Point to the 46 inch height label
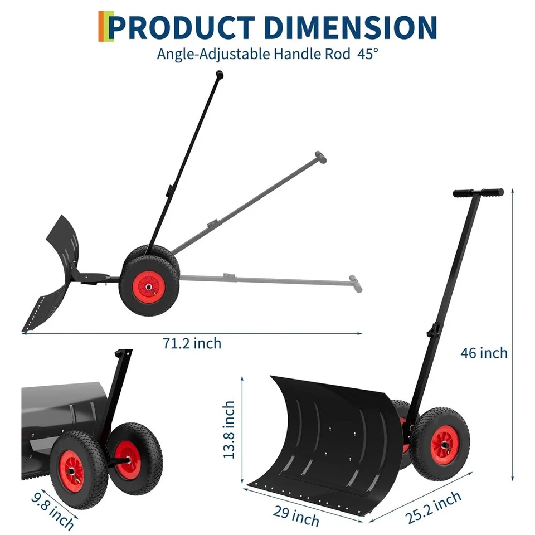[x=484, y=353]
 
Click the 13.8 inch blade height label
[x=228, y=430]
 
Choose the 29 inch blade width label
[x=296, y=513]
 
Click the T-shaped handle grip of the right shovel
[x=478, y=192]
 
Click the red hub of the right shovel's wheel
[x=444, y=445]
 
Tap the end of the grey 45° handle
[x=320, y=157]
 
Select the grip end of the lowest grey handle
[x=355, y=283]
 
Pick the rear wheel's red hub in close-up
[x=129, y=458]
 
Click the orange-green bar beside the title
[x=103, y=26]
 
